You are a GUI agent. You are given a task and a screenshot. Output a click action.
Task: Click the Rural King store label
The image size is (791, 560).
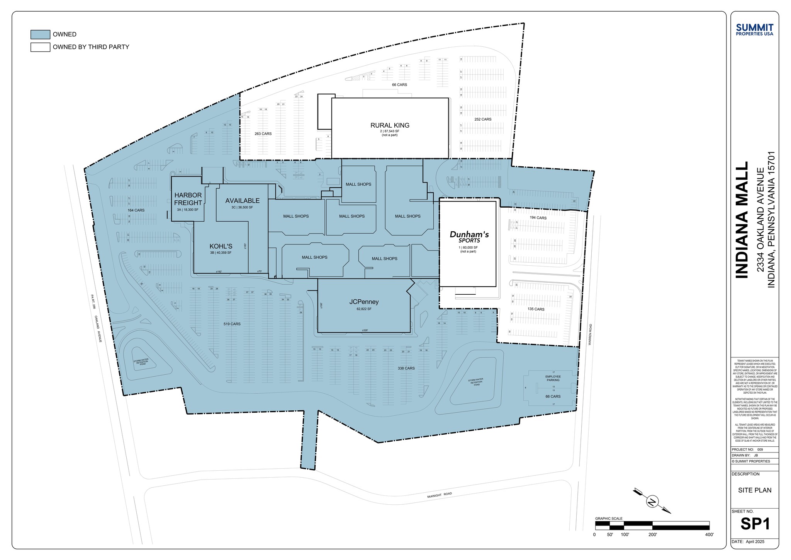coord(390,125)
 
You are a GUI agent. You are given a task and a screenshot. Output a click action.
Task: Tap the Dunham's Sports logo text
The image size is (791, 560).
coord(469,237)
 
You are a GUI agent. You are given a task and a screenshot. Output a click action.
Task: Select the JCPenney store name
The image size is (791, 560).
coord(364,302)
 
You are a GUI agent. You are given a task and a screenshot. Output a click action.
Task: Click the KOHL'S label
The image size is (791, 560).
coord(221,246)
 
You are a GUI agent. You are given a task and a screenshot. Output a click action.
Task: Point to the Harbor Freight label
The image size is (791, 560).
coord(188,199)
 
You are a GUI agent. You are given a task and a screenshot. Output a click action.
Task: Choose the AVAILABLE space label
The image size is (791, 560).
coord(242,201)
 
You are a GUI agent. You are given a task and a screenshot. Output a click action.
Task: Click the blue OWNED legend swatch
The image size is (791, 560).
coord(40,34)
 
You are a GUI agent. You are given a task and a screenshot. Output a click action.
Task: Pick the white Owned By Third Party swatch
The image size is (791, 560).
coord(40,47)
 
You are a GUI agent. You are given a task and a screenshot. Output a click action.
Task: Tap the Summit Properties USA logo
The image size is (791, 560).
coord(754,29)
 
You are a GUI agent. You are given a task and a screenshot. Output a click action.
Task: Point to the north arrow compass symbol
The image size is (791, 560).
coord(652,502)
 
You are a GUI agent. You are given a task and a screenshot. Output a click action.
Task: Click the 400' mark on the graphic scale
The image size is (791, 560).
coord(709,534)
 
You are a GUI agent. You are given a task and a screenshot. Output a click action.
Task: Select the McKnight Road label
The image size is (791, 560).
coord(439,495)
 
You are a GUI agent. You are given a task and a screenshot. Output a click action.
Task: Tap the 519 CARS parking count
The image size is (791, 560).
coord(232,324)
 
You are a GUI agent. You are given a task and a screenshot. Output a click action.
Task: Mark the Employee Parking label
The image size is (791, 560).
coord(553,378)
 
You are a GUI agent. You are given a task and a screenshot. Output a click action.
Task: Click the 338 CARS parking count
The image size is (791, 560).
coord(406,368)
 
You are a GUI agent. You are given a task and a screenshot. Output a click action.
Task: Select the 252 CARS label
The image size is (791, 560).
coord(483,119)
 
